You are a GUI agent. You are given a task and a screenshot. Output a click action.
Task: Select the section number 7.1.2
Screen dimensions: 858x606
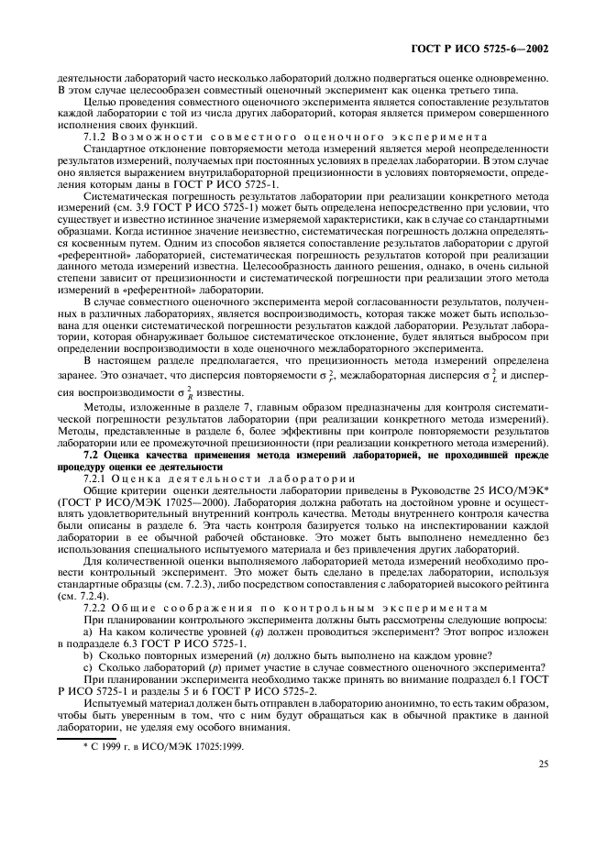[x=97, y=135]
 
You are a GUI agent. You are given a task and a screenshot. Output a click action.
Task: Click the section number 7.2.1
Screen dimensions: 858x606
[x=97, y=478]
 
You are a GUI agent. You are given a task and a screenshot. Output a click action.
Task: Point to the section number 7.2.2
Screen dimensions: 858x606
[x=97, y=608]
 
